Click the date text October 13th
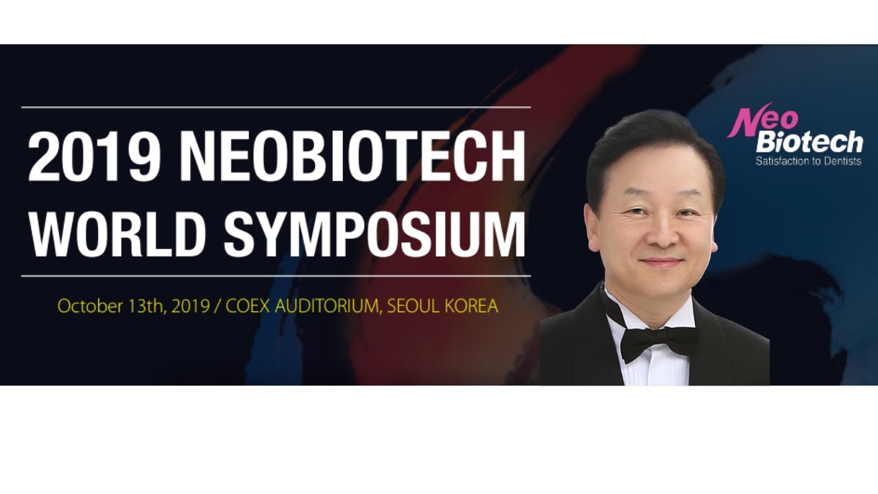point(110,306)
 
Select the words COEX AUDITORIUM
point(302,306)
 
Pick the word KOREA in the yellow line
point(471,306)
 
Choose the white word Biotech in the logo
point(809,143)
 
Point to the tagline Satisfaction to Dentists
point(808,162)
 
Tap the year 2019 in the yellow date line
point(191,306)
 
